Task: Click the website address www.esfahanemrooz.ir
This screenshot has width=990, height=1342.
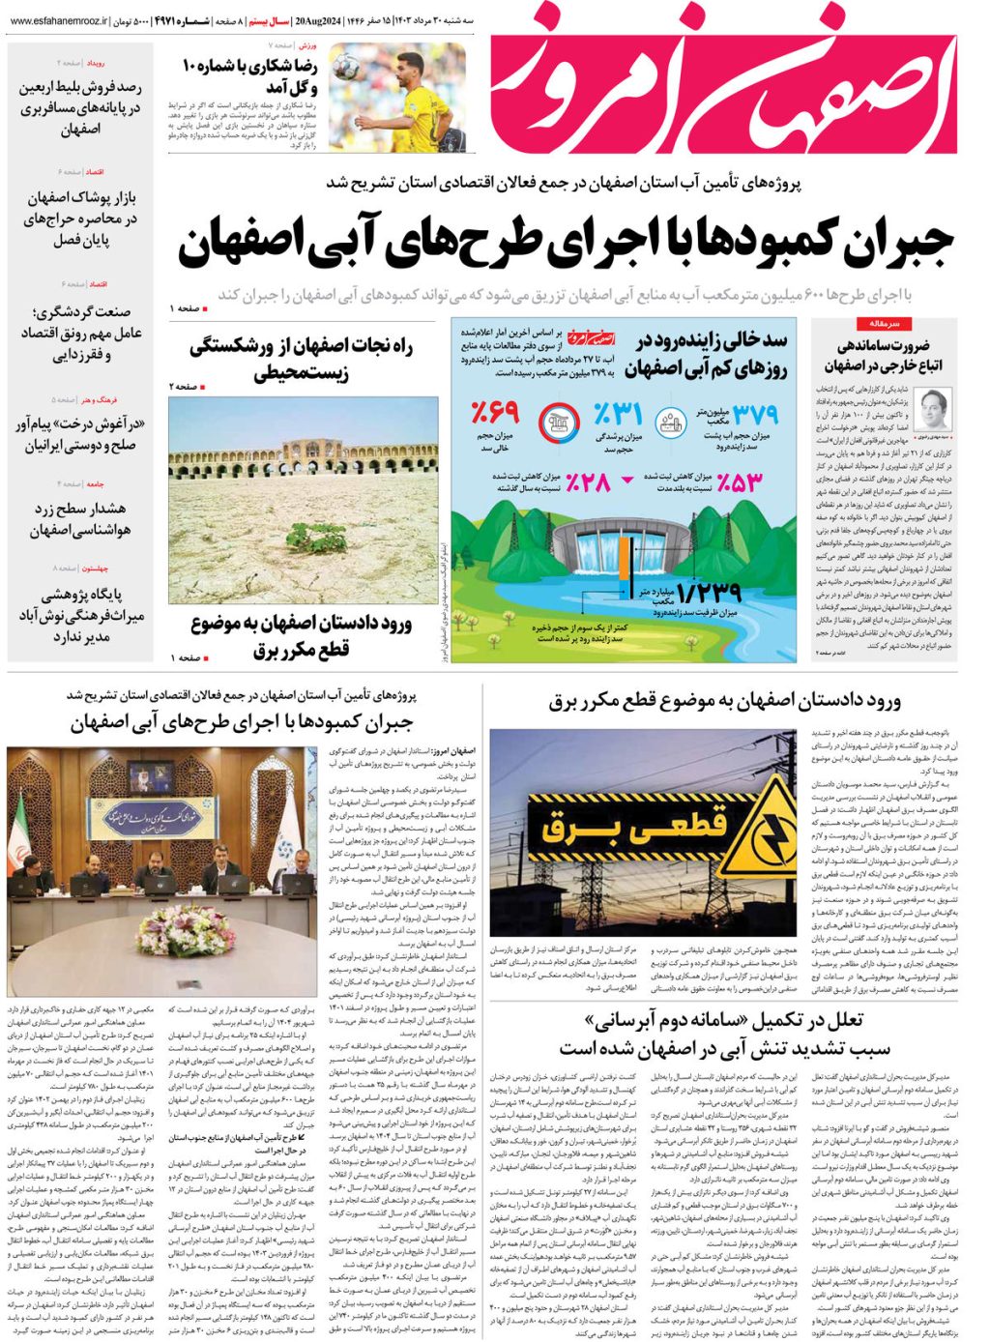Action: click(57, 19)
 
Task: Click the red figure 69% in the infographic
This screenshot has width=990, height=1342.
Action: click(495, 414)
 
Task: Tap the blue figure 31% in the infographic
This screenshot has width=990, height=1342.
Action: click(619, 415)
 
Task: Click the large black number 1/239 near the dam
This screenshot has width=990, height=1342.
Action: click(709, 591)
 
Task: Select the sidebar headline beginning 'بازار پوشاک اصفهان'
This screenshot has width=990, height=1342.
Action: click(80, 219)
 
